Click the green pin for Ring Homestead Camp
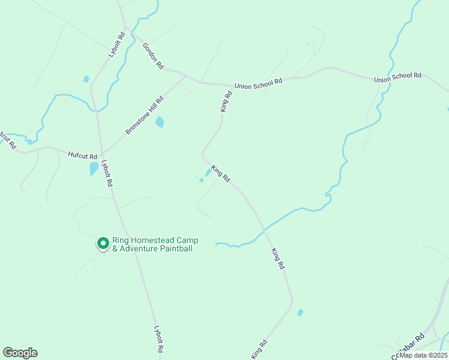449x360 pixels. tap(103, 243)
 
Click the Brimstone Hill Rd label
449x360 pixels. tap(145, 116)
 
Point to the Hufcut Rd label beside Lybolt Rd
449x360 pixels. tap(83, 157)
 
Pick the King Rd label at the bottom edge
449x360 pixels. tap(259, 350)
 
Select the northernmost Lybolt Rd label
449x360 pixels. tap(116, 44)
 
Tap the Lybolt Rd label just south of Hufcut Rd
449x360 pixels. tap(107, 174)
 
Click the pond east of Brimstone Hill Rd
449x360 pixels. tap(160, 122)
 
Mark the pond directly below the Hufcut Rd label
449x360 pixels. tap(94, 169)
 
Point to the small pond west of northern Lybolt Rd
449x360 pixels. tap(86, 79)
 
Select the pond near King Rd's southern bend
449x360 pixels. tap(300, 312)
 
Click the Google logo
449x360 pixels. tap(20, 353)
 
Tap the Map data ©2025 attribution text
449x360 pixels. tap(423, 355)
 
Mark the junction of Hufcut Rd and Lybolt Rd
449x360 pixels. tap(101, 153)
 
